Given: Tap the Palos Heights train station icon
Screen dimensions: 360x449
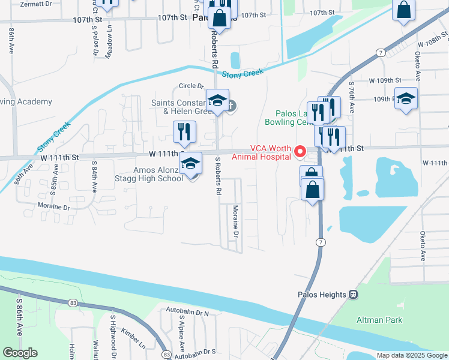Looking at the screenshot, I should [354, 295].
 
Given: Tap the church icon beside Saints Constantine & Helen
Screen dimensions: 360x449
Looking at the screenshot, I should [232, 107].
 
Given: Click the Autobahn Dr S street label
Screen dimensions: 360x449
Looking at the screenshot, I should [196, 352].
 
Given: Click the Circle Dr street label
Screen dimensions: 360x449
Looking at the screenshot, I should [191, 86].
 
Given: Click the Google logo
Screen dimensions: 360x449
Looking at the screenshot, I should [20, 353].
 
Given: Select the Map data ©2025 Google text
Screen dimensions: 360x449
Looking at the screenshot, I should [411, 355].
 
